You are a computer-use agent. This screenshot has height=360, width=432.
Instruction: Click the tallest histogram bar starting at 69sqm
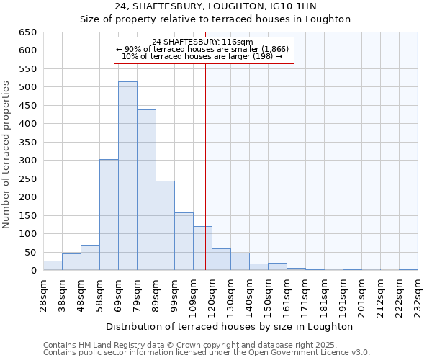click(x=127, y=176)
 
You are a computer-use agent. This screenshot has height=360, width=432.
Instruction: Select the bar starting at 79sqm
click(x=146, y=190)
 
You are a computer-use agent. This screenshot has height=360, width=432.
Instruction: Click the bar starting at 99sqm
click(x=184, y=241)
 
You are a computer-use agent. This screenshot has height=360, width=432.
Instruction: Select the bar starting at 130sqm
click(x=240, y=262)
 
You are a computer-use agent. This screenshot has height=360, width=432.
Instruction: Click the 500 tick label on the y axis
click(x=27, y=87)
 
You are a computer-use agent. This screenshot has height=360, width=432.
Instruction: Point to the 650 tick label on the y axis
click(x=27, y=32)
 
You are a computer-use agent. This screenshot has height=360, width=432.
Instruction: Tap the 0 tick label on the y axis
click(x=33, y=271)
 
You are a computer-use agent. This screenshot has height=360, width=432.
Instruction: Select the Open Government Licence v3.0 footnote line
click(x=207, y=353)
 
